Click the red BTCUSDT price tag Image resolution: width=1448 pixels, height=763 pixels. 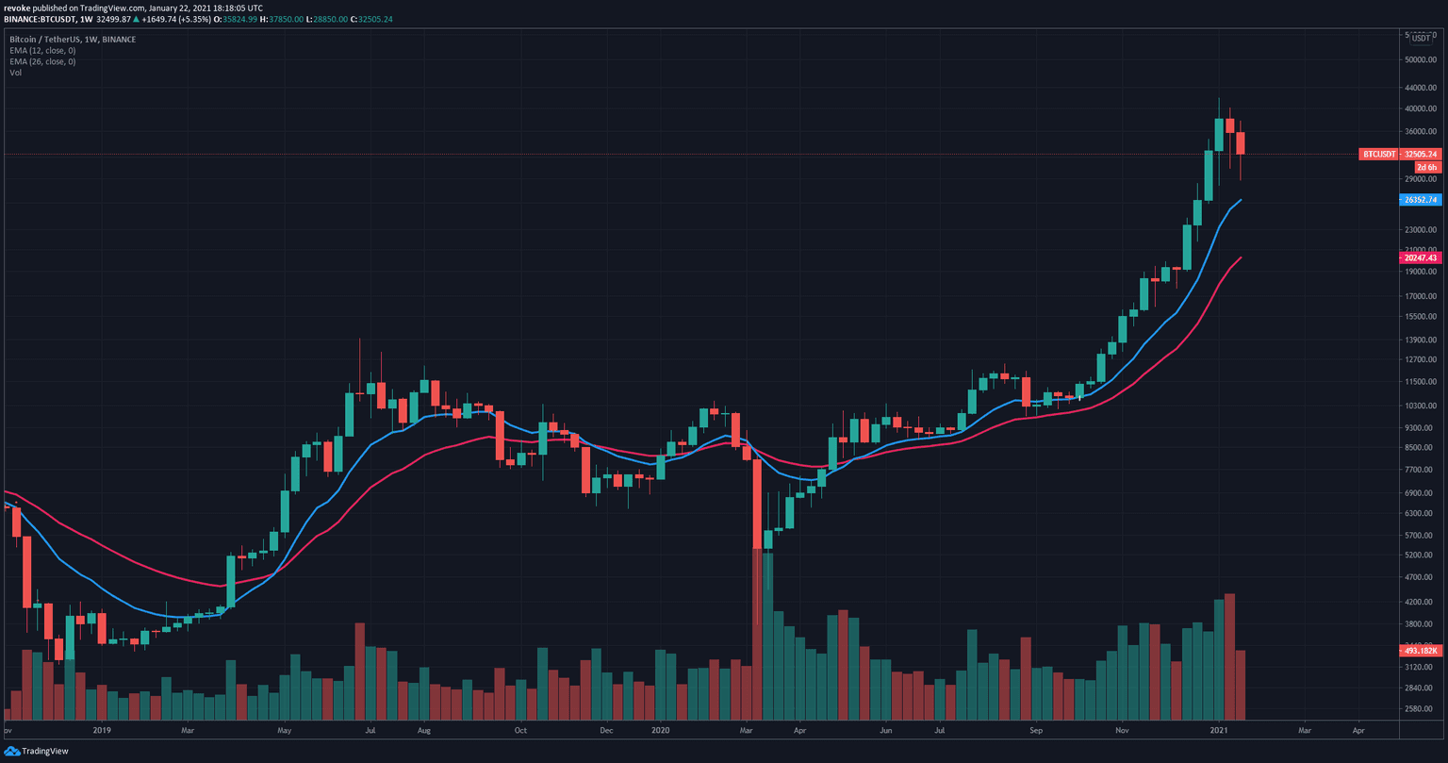tap(1378, 154)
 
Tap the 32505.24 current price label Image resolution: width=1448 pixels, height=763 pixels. tap(1420, 154)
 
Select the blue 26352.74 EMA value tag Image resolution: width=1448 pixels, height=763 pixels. tap(1420, 200)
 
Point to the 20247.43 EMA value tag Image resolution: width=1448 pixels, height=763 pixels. tap(1420, 257)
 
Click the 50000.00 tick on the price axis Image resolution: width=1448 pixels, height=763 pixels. tap(1420, 58)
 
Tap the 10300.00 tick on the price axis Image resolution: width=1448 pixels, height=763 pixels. tap(1420, 406)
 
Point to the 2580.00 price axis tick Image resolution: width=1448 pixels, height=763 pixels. tap(1420, 708)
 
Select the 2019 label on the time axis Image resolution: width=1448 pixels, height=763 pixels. tap(103, 730)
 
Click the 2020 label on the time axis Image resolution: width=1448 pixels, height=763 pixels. tap(660, 730)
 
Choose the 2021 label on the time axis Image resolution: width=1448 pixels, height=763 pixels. tap(1219, 730)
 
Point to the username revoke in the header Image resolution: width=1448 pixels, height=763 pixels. tap(18, 8)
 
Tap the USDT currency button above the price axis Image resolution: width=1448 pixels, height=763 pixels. tap(1420, 39)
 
